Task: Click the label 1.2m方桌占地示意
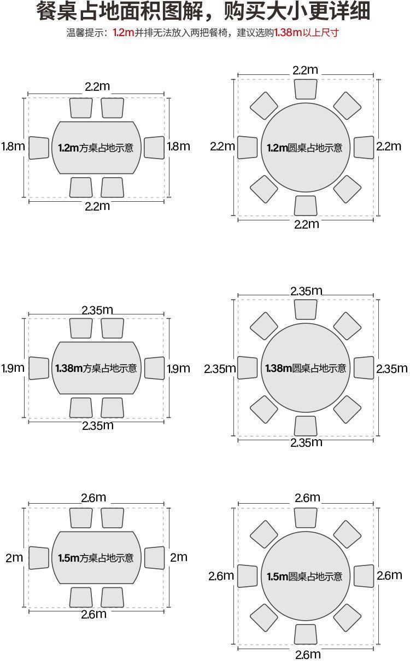tap(96, 148)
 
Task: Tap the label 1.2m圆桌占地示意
tap(304, 148)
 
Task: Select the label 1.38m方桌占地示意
tap(96, 368)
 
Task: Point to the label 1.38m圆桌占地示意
tap(306, 368)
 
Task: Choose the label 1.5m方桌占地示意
tap(96, 558)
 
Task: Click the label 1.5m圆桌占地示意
tap(304, 576)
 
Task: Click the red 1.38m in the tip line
tap(288, 32)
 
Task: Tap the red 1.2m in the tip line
tap(124, 32)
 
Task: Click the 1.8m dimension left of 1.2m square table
tap(13, 146)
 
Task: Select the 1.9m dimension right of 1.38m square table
tap(178, 369)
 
